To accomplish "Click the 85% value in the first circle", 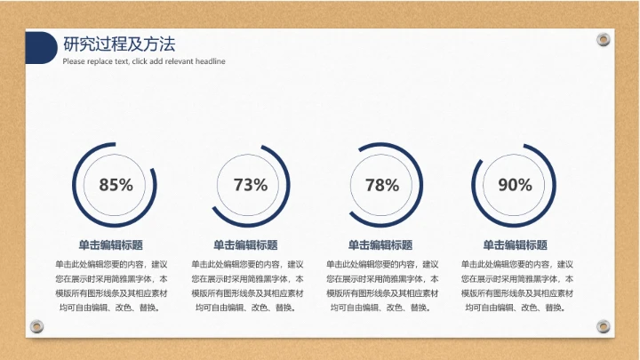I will click(x=116, y=185).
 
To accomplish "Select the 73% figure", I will click(x=250, y=185).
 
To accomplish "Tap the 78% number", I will click(x=382, y=185).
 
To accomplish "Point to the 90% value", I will click(x=515, y=185).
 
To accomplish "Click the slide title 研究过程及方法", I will click(x=119, y=44).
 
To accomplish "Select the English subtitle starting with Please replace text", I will click(x=144, y=61).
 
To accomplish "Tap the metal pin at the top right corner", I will click(x=604, y=40).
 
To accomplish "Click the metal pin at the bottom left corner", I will click(x=36, y=326).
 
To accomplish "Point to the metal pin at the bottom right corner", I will click(x=604, y=326).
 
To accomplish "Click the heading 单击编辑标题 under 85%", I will click(x=111, y=245).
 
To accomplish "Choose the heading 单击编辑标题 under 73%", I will click(x=245, y=245).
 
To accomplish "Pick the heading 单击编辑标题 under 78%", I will click(x=380, y=245).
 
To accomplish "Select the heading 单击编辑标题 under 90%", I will click(x=515, y=245).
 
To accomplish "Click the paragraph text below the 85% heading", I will click(x=111, y=285).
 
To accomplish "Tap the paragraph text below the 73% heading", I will click(x=245, y=285).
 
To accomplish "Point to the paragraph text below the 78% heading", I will click(x=380, y=285).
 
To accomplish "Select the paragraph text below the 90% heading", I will click(x=515, y=285).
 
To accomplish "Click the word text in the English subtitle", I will click(x=120, y=61).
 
